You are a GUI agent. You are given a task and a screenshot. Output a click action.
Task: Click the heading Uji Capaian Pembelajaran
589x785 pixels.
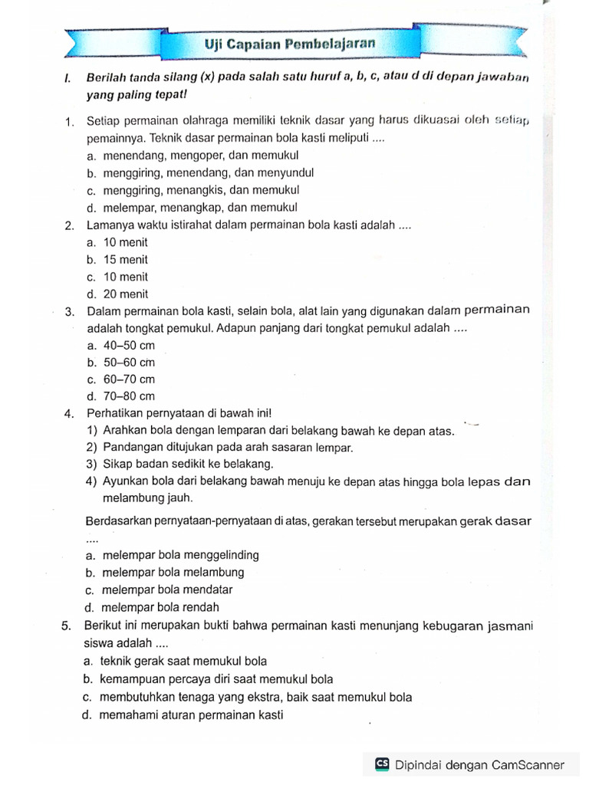pyautogui.click(x=290, y=44)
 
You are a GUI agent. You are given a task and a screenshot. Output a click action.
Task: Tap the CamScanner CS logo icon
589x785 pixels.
pyautogui.click(x=382, y=764)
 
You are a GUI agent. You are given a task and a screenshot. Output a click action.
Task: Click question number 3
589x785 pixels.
pyautogui.click(x=69, y=311)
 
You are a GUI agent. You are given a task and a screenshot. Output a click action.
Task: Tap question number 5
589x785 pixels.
pyautogui.click(x=67, y=626)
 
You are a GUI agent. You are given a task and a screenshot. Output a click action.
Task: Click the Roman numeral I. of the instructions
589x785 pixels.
pyautogui.click(x=67, y=79)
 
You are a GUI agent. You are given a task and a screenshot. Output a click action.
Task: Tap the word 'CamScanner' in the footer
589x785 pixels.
pyautogui.click(x=528, y=764)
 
